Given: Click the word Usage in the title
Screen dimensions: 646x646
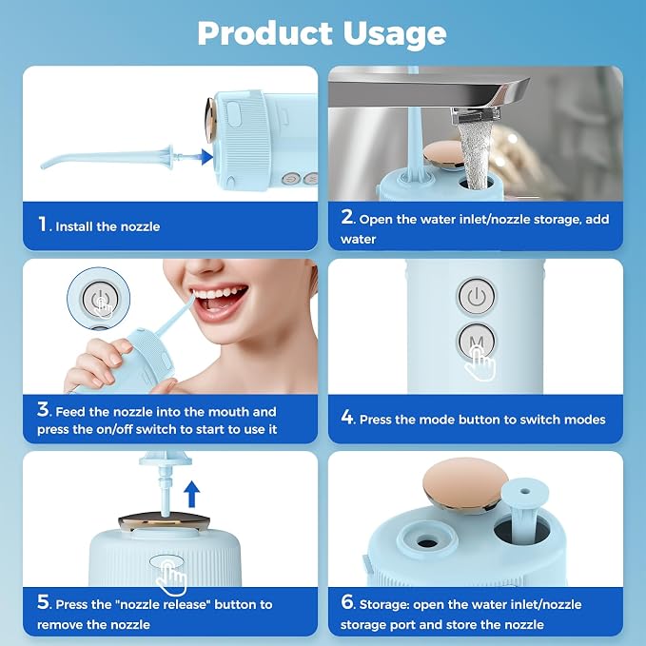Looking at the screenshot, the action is coord(394,34).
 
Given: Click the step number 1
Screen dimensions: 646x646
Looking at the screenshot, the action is coord(43,225).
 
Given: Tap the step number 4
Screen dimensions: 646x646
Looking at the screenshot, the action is coord(346,417).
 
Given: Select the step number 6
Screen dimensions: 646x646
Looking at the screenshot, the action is coord(346,602).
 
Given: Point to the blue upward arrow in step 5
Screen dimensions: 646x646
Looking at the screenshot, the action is coord(191,494).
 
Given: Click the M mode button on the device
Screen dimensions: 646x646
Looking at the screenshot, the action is coord(477,341).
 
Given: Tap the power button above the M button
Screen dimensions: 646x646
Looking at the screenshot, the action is coord(477,296).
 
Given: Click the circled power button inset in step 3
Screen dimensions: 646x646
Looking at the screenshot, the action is coord(99,299).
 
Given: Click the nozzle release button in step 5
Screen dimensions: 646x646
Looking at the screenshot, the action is coord(166,561).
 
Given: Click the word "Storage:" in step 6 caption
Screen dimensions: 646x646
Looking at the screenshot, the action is coord(384,604).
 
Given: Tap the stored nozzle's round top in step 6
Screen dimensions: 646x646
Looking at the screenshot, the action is coord(525,492).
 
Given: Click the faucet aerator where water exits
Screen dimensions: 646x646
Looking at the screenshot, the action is coord(476,116).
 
